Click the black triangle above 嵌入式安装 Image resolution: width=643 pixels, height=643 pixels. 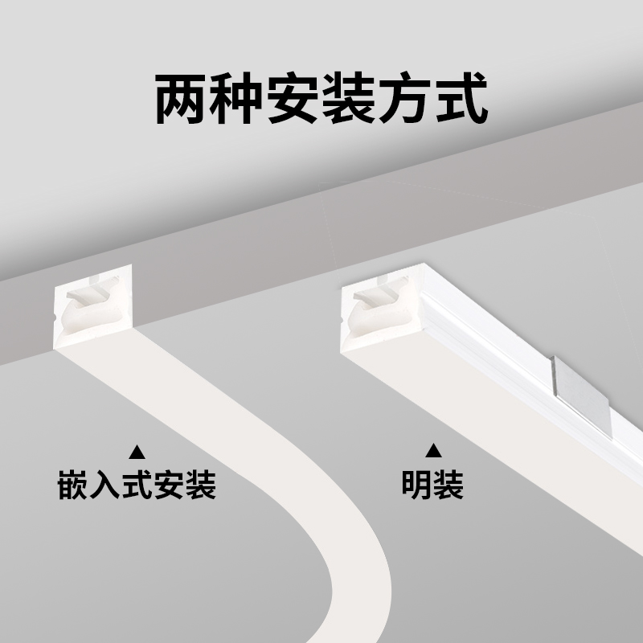(137, 450)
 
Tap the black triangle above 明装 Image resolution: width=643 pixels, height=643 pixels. (433, 450)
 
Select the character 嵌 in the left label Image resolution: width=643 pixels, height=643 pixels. (73, 486)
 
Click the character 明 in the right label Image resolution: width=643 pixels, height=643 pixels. (417, 486)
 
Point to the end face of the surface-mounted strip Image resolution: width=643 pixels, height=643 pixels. (378, 313)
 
